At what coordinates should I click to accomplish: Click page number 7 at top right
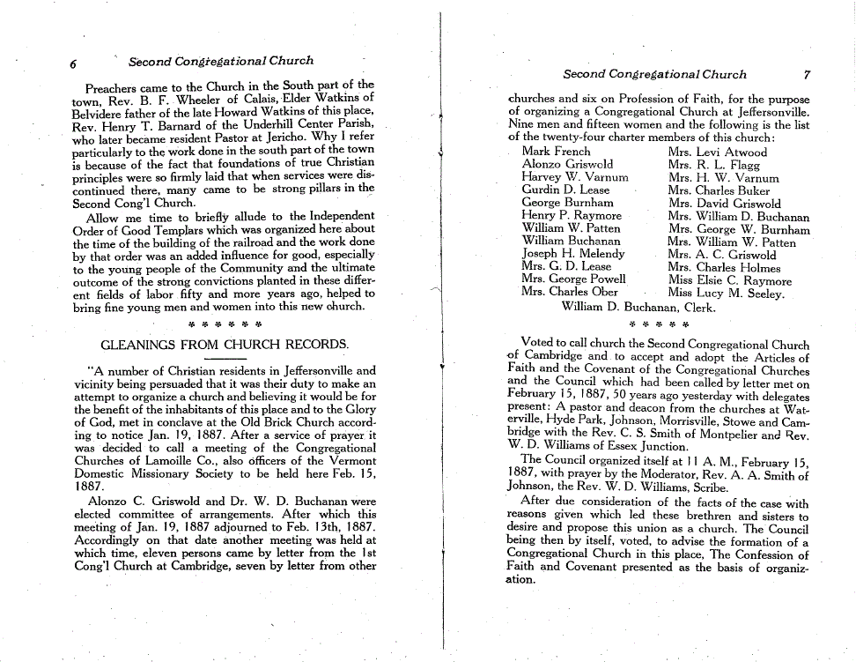806,75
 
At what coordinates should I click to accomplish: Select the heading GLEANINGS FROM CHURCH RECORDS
225,343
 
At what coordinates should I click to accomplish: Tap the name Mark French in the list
556,152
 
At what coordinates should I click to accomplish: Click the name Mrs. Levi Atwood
717,152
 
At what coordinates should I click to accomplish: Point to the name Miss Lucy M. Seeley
726,294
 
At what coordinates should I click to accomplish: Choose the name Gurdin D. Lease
565,190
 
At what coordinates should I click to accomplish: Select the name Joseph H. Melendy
572,254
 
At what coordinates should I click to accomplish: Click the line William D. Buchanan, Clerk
638,308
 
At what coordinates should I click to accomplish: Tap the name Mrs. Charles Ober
569,292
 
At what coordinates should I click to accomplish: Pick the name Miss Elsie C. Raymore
729,281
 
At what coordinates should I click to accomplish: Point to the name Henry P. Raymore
571,215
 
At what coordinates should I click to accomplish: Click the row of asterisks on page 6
225,323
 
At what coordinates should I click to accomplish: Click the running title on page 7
654,75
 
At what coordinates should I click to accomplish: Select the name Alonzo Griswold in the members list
567,164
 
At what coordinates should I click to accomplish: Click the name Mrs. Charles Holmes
724,268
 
